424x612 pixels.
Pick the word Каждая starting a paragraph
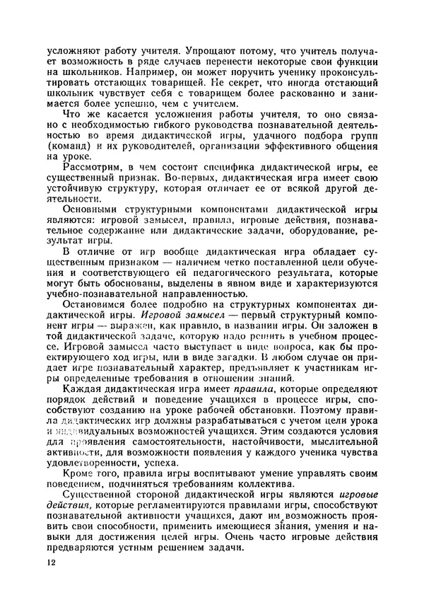pyautogui.click(x=83, y=391)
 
